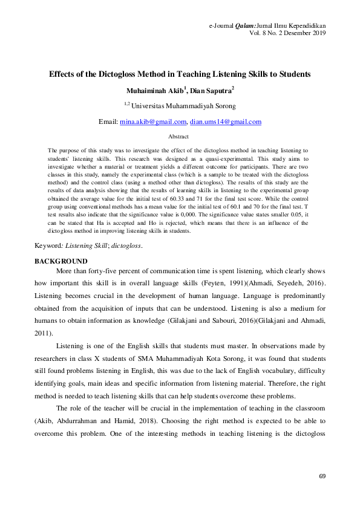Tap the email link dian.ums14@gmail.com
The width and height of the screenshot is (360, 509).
pyautogui.click(x=226, y=122)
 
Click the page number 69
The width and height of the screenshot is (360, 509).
pyautogui.click(x=322, y=477)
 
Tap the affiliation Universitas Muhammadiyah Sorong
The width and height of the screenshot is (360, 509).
pyautogui.click(x=184, y=106)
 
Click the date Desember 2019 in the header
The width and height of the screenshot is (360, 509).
pyautogui.click(x=306, y=33)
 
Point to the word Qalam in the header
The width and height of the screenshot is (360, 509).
pyautogui.click(x=246, y=25)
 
